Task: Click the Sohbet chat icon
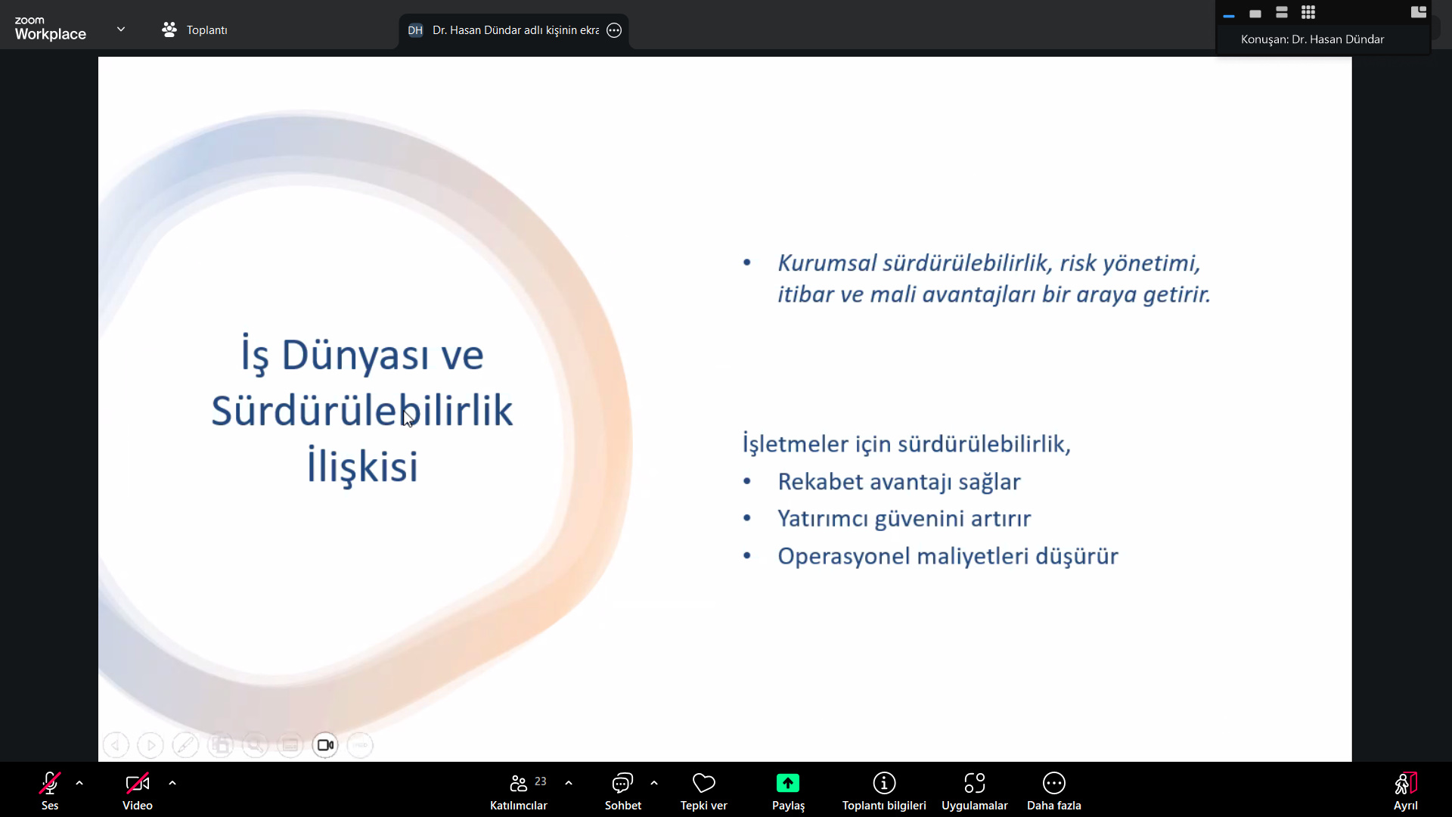tap(622, 783)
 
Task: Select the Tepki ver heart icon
tap(703, 783)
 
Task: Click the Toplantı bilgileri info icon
tap(884, 783)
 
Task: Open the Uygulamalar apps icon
tap(975, 783)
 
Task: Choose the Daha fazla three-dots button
tap(1054, 783)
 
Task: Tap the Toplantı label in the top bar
tap(206, 30)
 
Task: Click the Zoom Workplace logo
tap(50, 29)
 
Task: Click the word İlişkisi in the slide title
tap(362, 465)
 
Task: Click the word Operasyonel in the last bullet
tap(844, 557)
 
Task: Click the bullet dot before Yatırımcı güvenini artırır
tap(747, 518)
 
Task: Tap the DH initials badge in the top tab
tap(415, 30)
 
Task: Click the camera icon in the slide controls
tap(325, 745)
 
